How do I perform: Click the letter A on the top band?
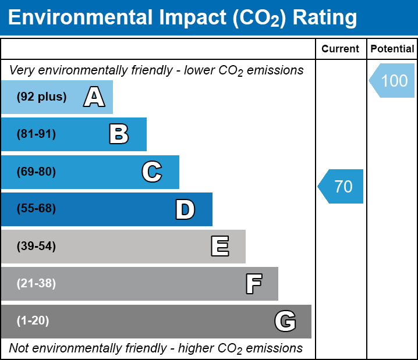coord(94,97)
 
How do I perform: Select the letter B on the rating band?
coord(119,134)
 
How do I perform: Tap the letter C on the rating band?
coord(151,172)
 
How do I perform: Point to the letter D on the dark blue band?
coord(185,209)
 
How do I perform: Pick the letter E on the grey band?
coord(219,247)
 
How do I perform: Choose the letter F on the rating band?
coord(253,284)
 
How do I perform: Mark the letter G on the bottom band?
coord(285,321)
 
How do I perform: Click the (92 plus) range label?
coord(41,97)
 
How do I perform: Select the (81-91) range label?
coord(36,134)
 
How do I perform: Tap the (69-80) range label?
coord(36,172)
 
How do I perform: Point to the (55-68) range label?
coord(36,209)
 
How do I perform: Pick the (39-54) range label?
coord(36,247)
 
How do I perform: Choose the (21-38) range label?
coord(36,284)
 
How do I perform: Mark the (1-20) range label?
coord(33,321)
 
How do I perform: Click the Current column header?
coord(341,49)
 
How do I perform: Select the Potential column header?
coord(392,49)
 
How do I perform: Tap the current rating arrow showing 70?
coord(342,187)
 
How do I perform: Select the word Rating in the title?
coord(324,18)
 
